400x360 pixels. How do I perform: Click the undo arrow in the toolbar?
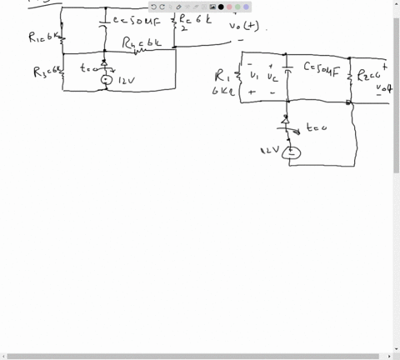click(x=154, y=7)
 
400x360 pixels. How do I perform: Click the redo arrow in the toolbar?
click(x=162, y=7)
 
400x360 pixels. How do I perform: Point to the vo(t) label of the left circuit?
click(x=248, y=27)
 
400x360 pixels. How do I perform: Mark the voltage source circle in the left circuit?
click(x=104, y=81)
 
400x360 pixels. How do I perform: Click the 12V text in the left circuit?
click(x=126, y=81)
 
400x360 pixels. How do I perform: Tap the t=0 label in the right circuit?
click(x=315, y=128)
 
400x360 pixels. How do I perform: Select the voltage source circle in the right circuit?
click(x=290, y=152)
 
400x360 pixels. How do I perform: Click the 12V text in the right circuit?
click(x=268, y=151)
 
